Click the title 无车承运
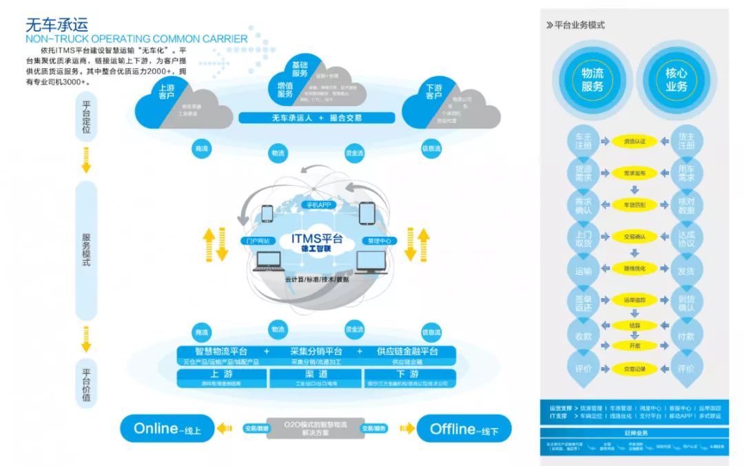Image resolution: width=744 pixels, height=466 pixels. coord(56,25)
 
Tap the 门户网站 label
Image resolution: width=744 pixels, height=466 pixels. coord(257,241)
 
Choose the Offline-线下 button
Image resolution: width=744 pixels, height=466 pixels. coord(464,428)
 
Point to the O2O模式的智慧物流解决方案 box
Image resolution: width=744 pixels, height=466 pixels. coord(316,428)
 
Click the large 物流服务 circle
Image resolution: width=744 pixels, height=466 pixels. coord(592,79)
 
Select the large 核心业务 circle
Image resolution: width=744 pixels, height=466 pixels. coord(676,79)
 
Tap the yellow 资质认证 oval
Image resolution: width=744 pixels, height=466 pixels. coord(634,141)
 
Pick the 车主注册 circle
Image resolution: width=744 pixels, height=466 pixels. coord(583,141)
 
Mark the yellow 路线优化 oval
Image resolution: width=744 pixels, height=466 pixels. coord(634,268)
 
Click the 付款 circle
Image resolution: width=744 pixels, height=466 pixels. coord(685,337)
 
